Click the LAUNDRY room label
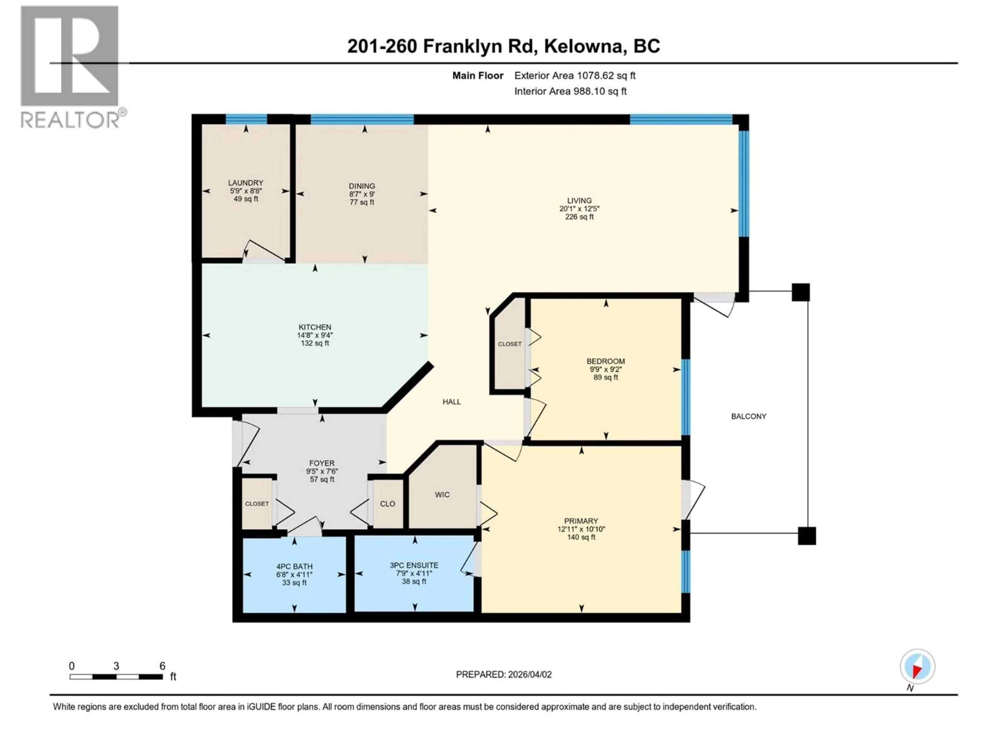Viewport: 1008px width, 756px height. click(x=246, y=183)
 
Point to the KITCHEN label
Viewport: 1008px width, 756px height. click(x=315, y=327)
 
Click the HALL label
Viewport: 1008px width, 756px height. click(x=451, y=401)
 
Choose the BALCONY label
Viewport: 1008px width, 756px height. click(x=749, y=416)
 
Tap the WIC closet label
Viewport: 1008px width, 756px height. click(x=442, y=495)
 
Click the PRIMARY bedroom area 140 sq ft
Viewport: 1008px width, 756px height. click(x=581, y=537)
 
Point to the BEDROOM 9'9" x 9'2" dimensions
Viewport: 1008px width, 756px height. click(x=606, y=370)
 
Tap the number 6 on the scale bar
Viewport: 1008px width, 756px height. click(x=162, y=666)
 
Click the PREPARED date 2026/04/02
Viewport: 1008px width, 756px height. click(x=529, y=674)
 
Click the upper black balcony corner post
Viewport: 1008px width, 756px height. click(x=801, y=292)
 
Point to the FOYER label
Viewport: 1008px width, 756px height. click(x=322, y=463)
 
